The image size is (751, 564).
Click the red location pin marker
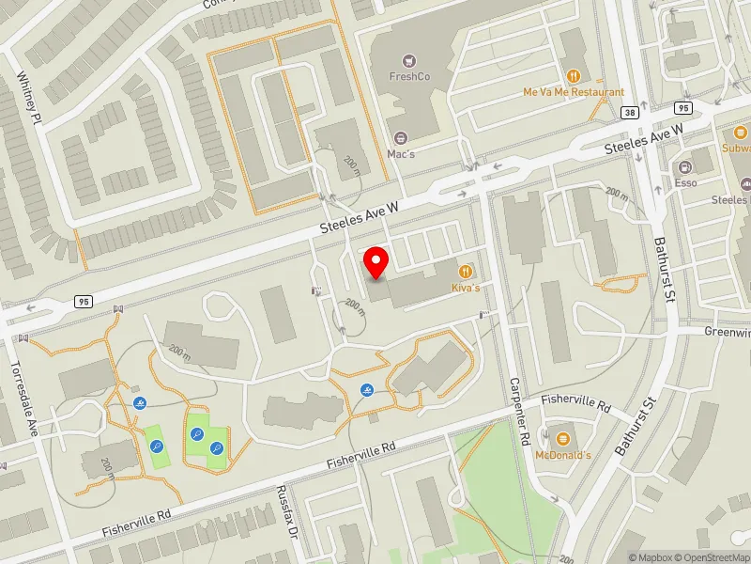point(376,262)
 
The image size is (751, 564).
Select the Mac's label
point(401,152)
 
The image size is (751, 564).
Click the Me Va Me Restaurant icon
point(574,77)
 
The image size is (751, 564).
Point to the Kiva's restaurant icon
point(465,271)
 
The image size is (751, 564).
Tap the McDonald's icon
point(563,439)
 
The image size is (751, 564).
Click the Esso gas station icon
point(685,166)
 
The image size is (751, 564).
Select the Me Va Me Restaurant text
point(574,93)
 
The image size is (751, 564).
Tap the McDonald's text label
point(563,455)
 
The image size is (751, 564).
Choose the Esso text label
point(685,182)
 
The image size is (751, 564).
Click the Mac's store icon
point(402,137)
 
